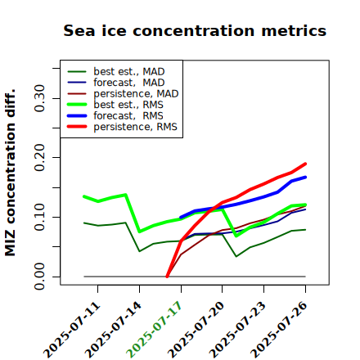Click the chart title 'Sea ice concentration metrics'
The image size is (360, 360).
[195, 30]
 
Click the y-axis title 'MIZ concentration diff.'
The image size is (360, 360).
[10, 173]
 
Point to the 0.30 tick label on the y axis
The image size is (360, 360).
[40, 98]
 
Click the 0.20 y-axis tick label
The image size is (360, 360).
[40, 158]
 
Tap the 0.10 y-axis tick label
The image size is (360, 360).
[40, 217]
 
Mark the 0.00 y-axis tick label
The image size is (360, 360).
[40, 277]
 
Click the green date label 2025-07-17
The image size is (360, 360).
[154, 329]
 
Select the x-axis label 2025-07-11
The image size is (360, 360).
[71, 329]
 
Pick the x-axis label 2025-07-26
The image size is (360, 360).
[279, 329]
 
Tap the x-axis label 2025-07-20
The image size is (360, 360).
[196, 329]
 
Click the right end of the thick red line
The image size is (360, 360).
[305, 164]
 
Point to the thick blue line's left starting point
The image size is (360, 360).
[181, 218]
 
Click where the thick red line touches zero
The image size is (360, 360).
[167, 277]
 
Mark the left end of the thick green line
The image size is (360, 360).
[84, 196]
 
